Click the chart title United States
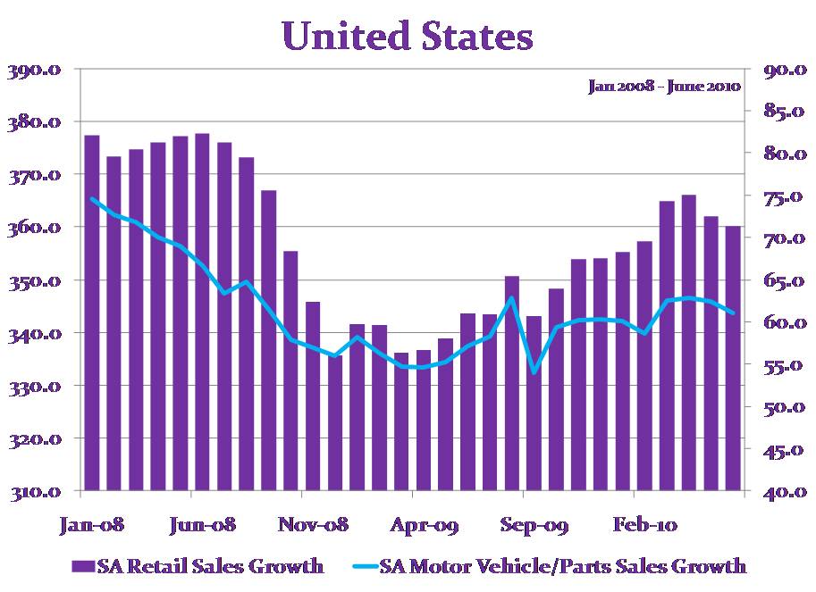pyautogui.click(x=408, y=38)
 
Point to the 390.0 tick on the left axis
pyautogui.click(x=35, y=71)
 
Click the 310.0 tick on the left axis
pyautogui.click(x=35, y=492)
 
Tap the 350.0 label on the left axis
pyautogui.click(x=35, y=281)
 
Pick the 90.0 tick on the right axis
pyautogui.click(x=781, y=71)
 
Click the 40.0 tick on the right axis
pyautogui.click(x=781, y=492)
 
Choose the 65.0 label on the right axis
pyautogui.click(x=781, y=281)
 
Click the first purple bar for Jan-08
pyautogui.click(x=92, y=313)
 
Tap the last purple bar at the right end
pyautogui.click(x=733, y=358)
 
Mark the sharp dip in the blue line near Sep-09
pyautogui.click(x=534, y=371)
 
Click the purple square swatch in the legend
pyautogui.click(x=83, y=566)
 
